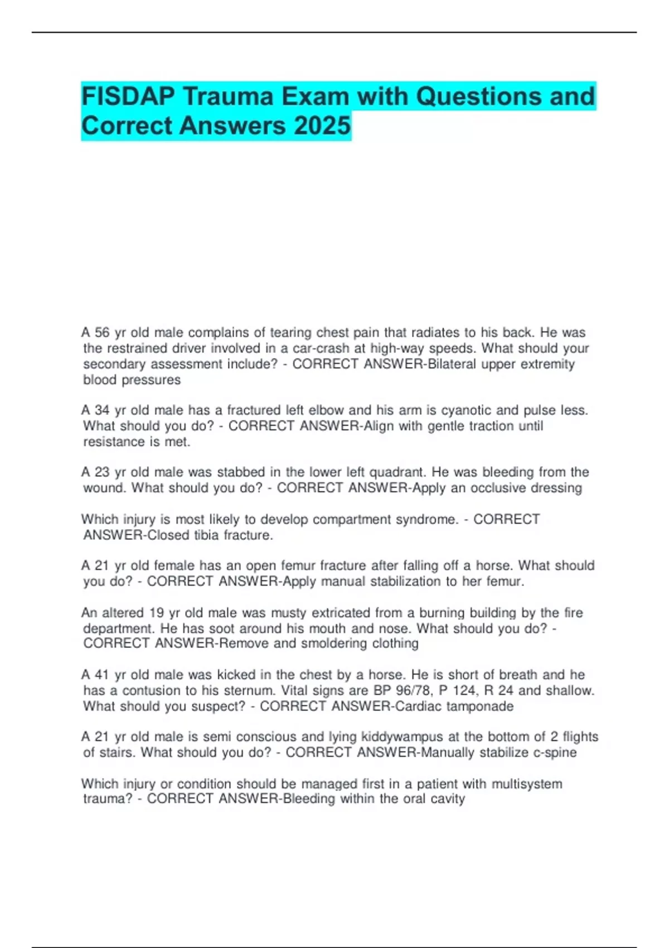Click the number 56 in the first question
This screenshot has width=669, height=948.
click(x=102, y=333)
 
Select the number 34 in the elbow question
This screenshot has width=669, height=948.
click(x=102, y=410)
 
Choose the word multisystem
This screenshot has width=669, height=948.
click(x=526, y=783)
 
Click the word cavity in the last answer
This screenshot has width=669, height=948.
click(x=447, y=799)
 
